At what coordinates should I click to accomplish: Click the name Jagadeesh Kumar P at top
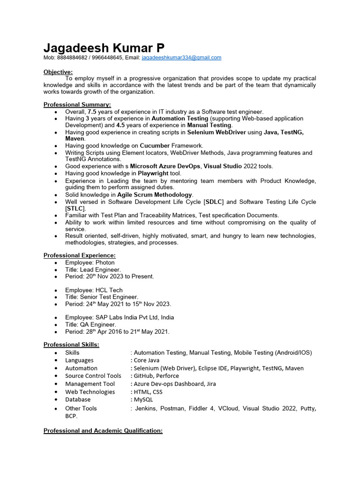104,48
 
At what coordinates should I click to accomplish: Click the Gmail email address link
181,58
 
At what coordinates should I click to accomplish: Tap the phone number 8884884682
72,58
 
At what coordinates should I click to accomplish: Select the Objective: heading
58,72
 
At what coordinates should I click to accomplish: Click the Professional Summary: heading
77,105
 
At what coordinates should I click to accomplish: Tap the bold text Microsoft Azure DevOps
165,166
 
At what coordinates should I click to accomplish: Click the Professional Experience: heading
79,255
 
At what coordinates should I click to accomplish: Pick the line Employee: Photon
90,262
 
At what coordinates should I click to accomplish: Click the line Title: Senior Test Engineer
102,297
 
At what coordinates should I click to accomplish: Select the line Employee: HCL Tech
94,290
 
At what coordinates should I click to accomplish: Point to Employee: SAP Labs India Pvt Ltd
120,317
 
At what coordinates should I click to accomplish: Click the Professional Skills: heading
71,345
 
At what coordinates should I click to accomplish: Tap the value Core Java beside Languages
146,360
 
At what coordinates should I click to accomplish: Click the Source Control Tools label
93,376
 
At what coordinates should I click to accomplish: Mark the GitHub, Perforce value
156,376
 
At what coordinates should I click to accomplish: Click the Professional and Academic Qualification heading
103,431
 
